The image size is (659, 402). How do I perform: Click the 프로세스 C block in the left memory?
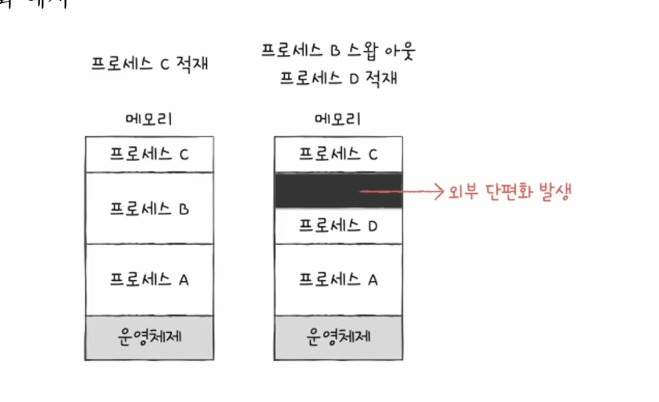point(149,154)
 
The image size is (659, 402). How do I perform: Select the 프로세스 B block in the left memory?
point(149,209)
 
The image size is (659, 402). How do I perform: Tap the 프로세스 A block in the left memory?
point(149,280)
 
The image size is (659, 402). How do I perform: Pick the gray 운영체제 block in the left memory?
point(149,337)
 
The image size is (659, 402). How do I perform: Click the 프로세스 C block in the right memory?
point(338,154)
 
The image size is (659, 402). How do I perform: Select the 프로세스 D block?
point(338,226)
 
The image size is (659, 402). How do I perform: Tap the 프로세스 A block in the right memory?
point(338,280)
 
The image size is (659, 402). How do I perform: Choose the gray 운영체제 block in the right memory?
point(338,337)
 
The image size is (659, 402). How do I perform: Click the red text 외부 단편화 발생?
point(509,191)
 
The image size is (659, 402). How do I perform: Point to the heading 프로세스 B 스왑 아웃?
point(337,53)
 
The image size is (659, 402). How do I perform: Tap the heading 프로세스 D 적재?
point(337,79)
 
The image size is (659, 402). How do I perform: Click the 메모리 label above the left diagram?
point(149,119)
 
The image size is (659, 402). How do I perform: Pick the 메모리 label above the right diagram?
point(337,119)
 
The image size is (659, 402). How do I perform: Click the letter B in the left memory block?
point(184,210)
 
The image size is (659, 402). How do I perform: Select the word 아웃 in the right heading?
point(396,53)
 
